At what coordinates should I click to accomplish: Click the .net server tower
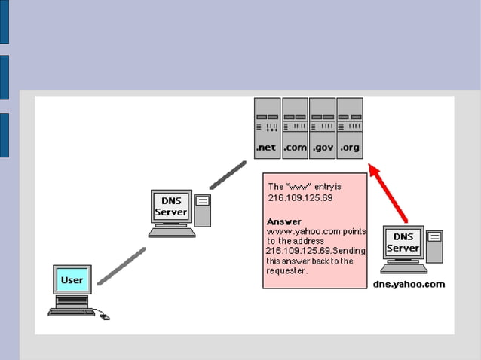click(x=267, y=128)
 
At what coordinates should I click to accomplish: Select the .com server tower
click(x=295, y=128)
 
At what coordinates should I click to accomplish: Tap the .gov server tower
click(x=322, y=128)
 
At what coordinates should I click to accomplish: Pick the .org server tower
click(x=349, y=128)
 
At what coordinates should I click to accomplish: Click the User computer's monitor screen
click(x=72, y=280)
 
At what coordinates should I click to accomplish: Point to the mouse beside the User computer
click(x=105, y=316)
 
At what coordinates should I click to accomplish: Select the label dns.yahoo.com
click(x=409, y=285)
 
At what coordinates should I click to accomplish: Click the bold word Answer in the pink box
click(x=284, y=221)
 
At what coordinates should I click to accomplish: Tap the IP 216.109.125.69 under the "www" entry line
click(x=300, y=197)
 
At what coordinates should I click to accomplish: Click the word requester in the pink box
click(x=287, y=270)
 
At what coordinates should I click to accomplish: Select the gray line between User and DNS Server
click(x=121, y=267)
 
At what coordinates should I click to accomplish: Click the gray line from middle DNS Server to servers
click(x=228, y=174)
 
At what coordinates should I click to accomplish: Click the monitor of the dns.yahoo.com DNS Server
click(x=403, y=243)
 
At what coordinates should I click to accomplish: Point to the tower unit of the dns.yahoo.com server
click(x=434, y=246)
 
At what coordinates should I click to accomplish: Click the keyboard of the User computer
click(x=72, y=310)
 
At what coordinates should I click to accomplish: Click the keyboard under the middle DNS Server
click(x=171, y=233)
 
